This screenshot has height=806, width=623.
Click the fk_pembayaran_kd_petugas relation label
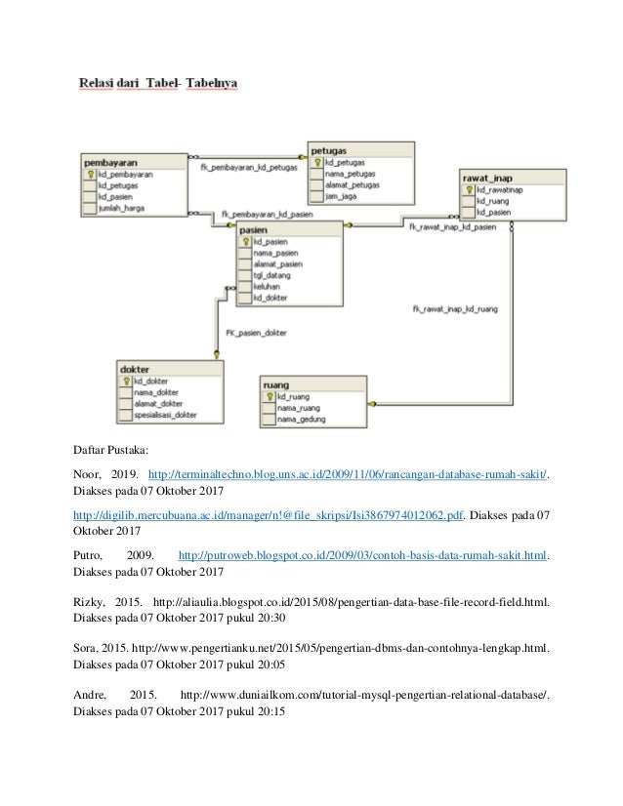point(249,167)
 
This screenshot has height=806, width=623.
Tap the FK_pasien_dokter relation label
point(256,333)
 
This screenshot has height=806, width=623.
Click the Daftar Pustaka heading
point(109,452)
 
